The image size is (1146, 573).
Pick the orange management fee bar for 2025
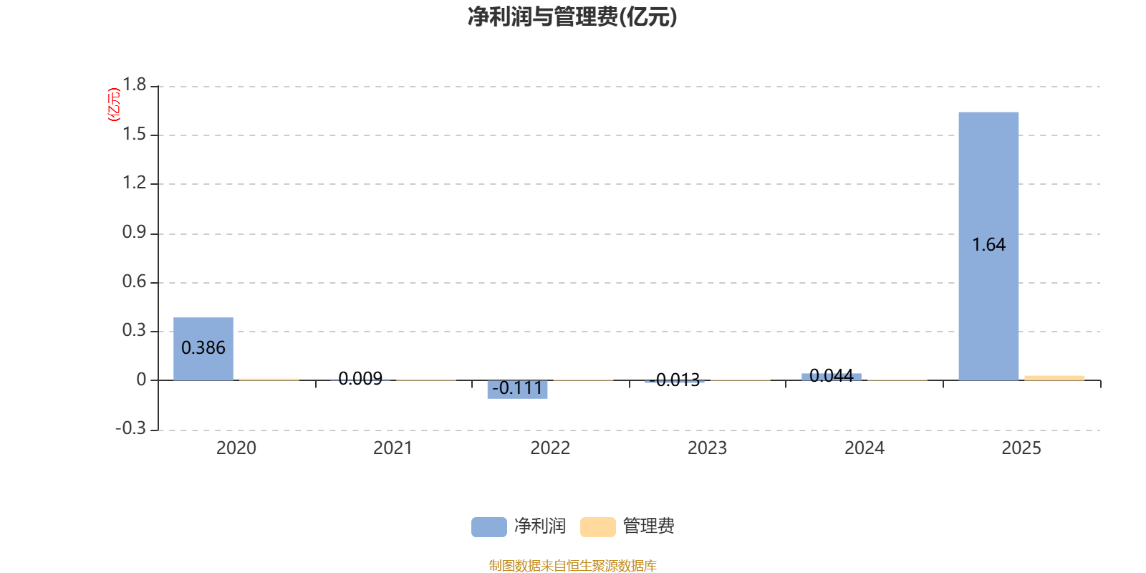(1054, 377)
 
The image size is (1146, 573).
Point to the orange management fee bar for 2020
(269, 379)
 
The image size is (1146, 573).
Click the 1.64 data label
(988, 245)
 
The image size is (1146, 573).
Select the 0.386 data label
(203, 348)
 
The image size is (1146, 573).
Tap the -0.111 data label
(517, 388)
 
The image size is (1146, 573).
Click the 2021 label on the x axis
(393, 448)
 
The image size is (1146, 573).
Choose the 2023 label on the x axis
(707, 448)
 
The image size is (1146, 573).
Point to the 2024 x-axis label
(865, 448)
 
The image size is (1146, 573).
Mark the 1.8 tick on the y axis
(134, 85)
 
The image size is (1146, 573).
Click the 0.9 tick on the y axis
(134, 233)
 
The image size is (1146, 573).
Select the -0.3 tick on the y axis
(130, 428)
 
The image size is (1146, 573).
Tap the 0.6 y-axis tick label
(134, 281)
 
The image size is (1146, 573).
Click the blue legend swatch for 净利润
(488, 526)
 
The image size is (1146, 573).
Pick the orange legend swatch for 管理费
(597, 526)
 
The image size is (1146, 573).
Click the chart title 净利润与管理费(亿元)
(572, 16)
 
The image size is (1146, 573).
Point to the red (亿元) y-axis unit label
(113, 105)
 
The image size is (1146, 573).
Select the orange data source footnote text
(572, 566)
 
